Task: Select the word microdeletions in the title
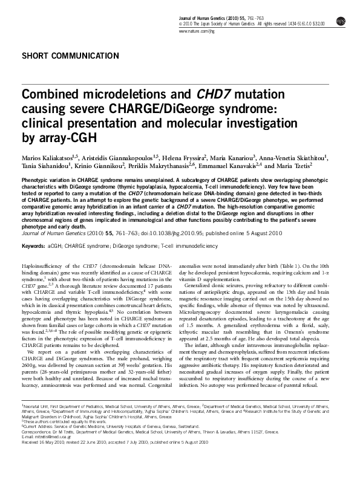118,95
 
